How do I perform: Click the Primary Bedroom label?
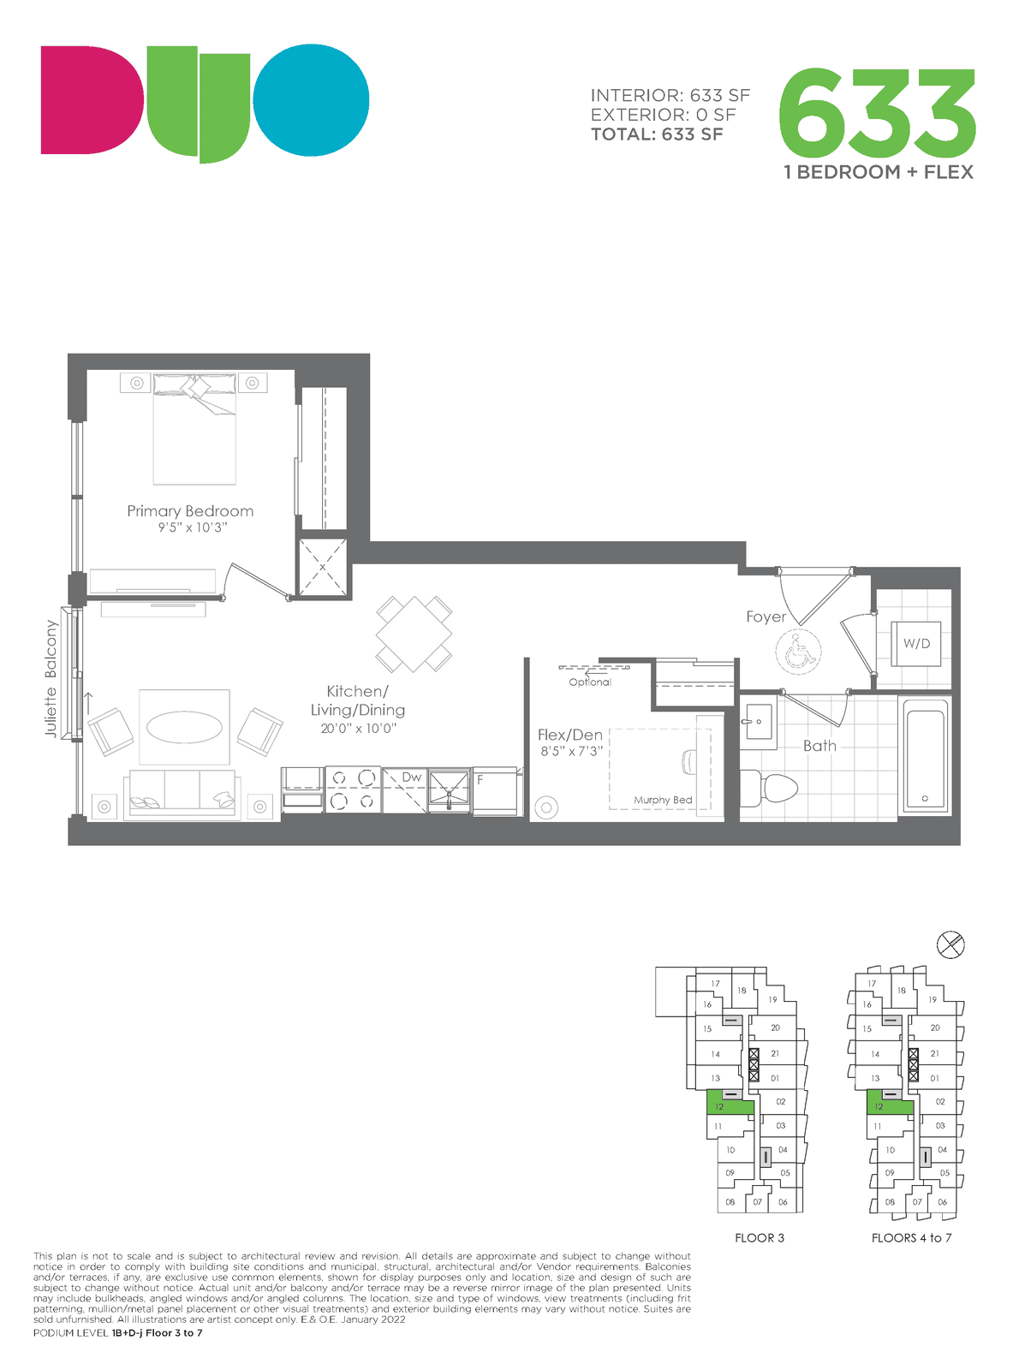[190, 511]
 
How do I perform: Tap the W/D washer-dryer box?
[915, 644]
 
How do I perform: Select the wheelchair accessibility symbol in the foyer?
[798, 652]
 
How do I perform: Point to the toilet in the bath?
[768, 788]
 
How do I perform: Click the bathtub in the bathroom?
[925, 756]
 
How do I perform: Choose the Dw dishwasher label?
[411, 777]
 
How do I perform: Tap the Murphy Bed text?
[662, 800]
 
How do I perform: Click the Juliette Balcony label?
[51, 678]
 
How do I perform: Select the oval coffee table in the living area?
[184, 727]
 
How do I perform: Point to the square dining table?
[414, 634]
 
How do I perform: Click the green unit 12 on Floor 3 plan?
[730, 1103]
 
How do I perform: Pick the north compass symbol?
[950, 944]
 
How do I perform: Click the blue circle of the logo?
[312, 99]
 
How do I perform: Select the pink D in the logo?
[92, 99]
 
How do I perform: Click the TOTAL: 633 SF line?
[657, 134]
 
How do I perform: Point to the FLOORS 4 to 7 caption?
[911, 1238]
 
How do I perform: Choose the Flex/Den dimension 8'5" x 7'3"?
[571, 751]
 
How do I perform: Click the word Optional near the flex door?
[590, 682]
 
